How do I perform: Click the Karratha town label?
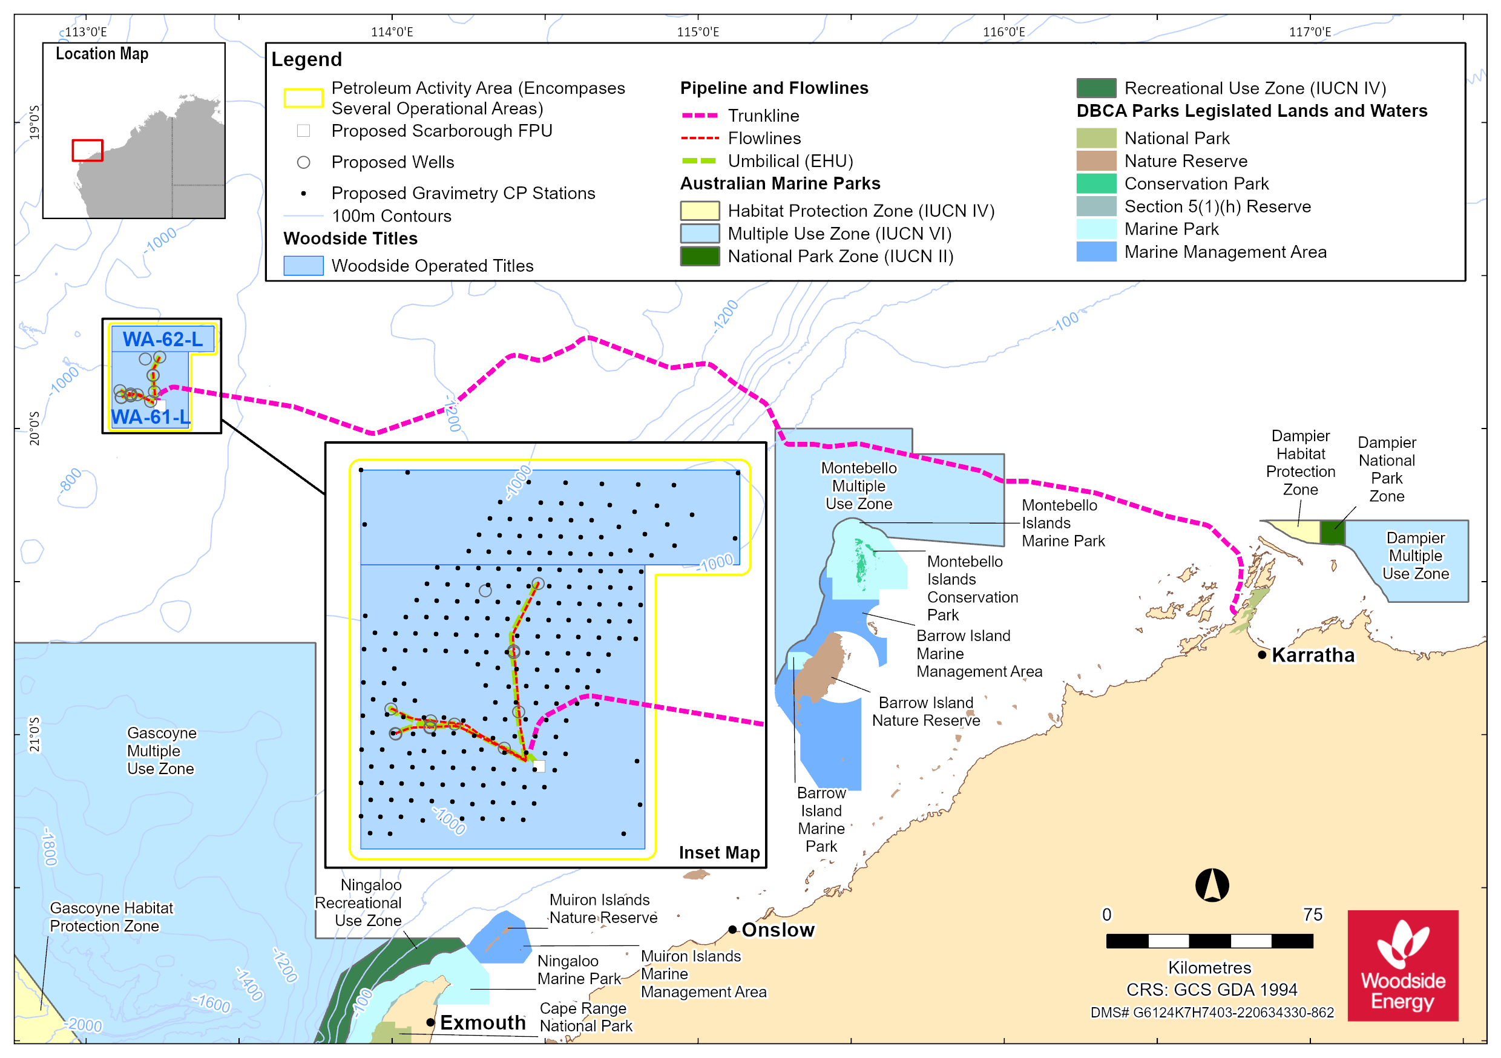(1313, 655)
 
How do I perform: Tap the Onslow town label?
(778, 930)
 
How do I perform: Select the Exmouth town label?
(482, 1023)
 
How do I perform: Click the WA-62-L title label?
(163, 340)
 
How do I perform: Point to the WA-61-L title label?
(150, 417)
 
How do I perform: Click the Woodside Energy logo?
(1403, 966)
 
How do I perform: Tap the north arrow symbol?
(1212, 885)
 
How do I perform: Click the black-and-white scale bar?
(1209, 941)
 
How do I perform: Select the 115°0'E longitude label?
(698, 32)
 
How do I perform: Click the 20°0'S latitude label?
(34, 429)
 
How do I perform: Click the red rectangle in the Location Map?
(88, 150)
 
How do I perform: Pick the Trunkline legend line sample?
(700, 116)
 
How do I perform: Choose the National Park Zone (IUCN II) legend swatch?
(700, 256)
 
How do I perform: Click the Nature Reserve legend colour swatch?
(1096, 161)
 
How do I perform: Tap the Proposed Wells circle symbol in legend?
(303, 162)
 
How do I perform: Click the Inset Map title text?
(719, 853)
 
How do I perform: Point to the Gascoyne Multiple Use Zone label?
(162, 751)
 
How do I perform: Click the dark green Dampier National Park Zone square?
(1332, 532)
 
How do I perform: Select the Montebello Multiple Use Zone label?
(859, 486)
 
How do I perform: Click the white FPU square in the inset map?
(539, 766)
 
